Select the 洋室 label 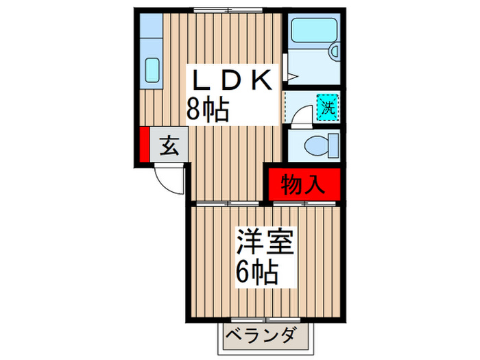265,243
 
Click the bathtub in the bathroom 312,32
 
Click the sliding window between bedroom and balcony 264,320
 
